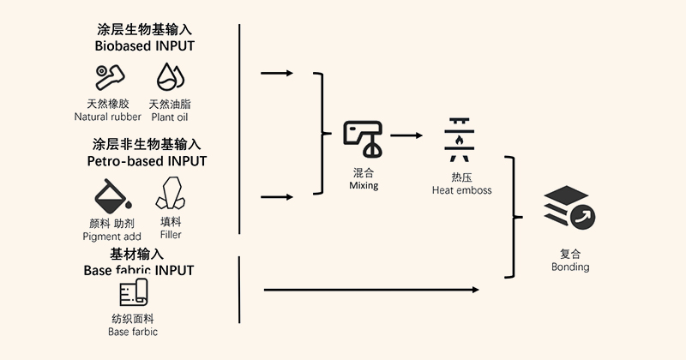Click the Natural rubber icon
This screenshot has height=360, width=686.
pos(110,76)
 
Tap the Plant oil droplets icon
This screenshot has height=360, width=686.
pos(171,76)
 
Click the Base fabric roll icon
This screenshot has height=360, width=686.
pos(134,294)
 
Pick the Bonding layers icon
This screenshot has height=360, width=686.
pos(569,211)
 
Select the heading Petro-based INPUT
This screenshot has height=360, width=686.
pos(147,160)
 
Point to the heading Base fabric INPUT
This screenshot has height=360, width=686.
pos(139,270)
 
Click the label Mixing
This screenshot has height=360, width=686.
pos(364,185)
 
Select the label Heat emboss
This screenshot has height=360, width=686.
pos(461,189)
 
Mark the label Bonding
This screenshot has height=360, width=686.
pos(570,267)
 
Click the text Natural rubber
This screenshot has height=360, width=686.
pos(108,117)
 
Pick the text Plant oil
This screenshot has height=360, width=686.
pos(170,117)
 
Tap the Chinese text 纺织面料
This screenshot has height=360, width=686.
pos(133,318)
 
